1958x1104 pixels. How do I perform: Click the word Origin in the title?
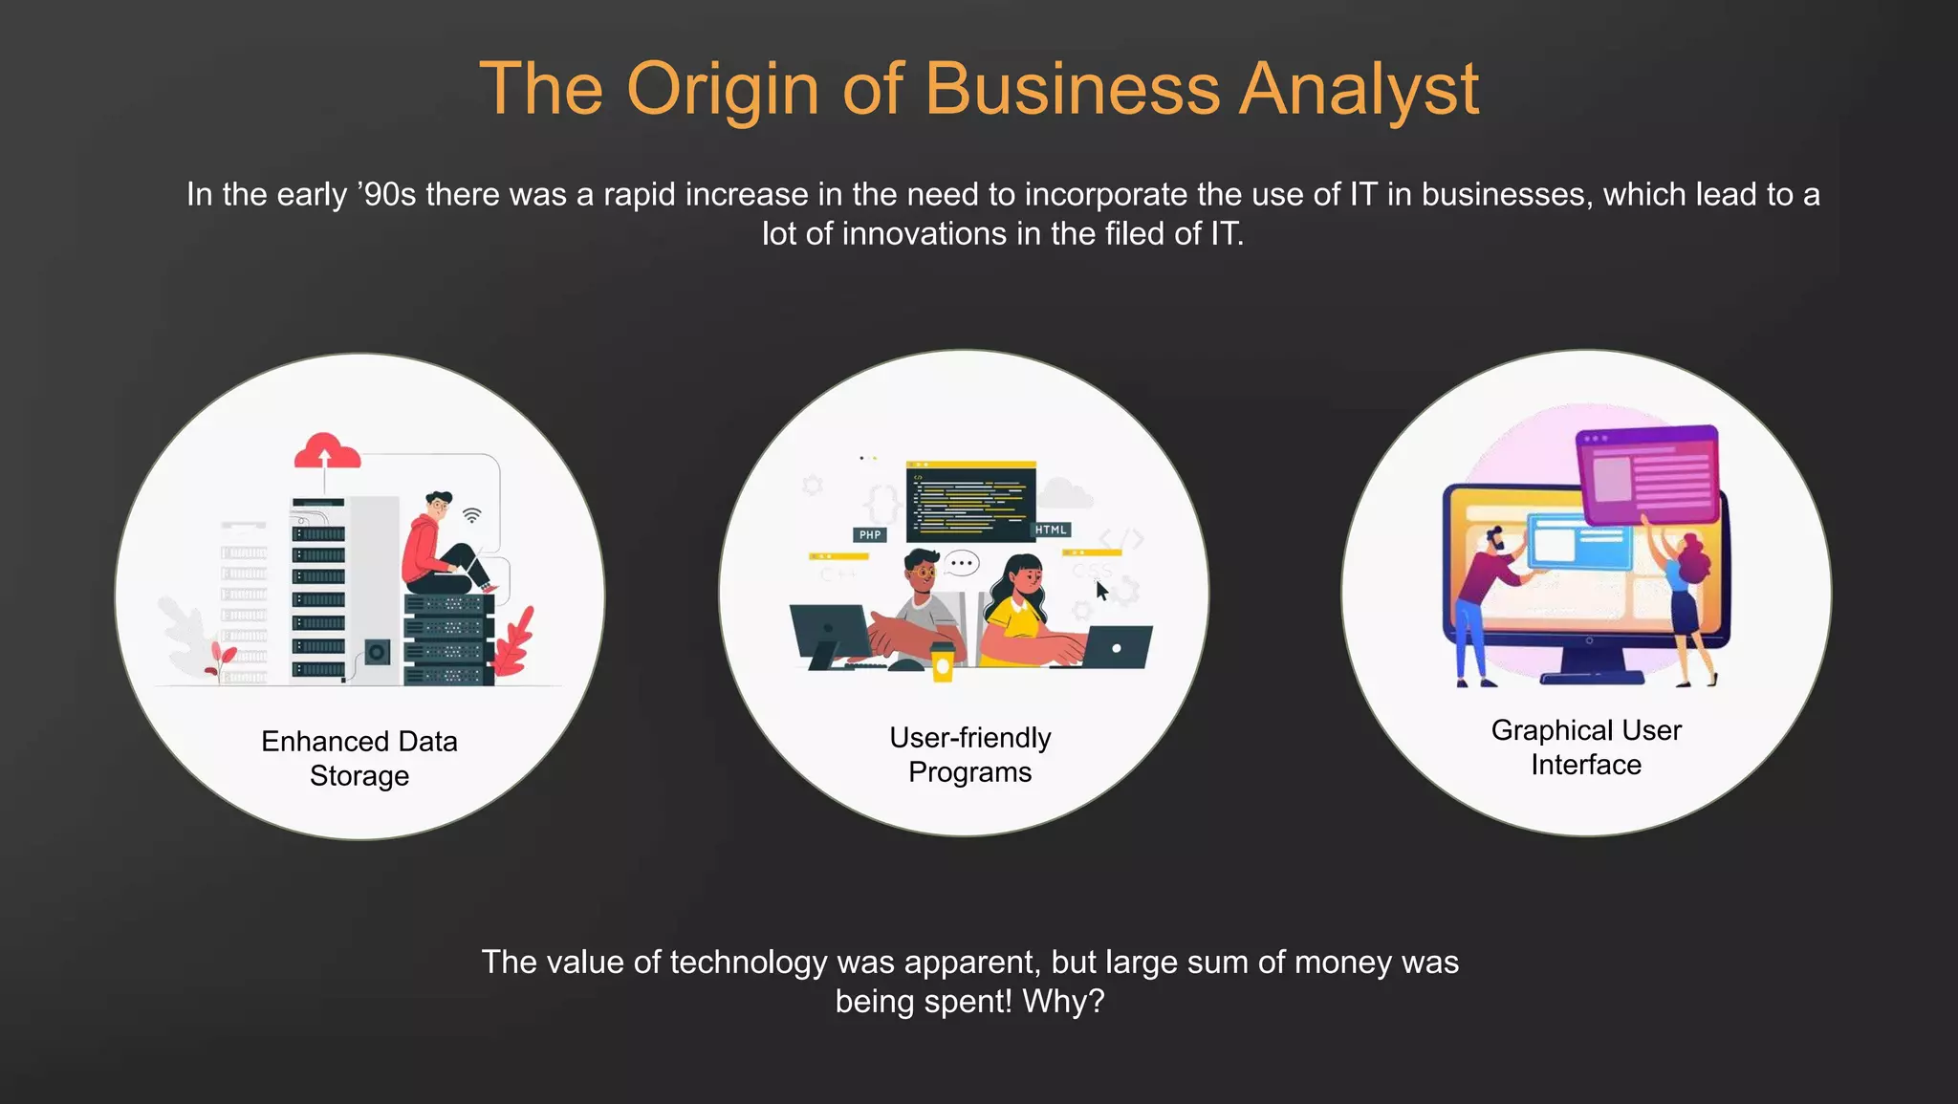(723, 89)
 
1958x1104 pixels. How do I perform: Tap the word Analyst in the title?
(1359, 89)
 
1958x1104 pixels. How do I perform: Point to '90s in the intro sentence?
(386, 194)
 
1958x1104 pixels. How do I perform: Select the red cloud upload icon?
(326, 451)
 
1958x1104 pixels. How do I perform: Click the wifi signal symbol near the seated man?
(472, 515)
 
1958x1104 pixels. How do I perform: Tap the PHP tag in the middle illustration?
(870, 534)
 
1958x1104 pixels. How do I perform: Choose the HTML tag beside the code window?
(1051, 530)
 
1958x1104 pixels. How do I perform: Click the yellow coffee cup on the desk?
(943, 661)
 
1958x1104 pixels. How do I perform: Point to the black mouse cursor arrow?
(1101, 590)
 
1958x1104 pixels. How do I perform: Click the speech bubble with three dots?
(962, 563)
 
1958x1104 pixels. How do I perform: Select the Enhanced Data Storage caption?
(359, 758)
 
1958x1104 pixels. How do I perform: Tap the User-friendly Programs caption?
(969, 754)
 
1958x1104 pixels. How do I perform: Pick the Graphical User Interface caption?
(1586, 747)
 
